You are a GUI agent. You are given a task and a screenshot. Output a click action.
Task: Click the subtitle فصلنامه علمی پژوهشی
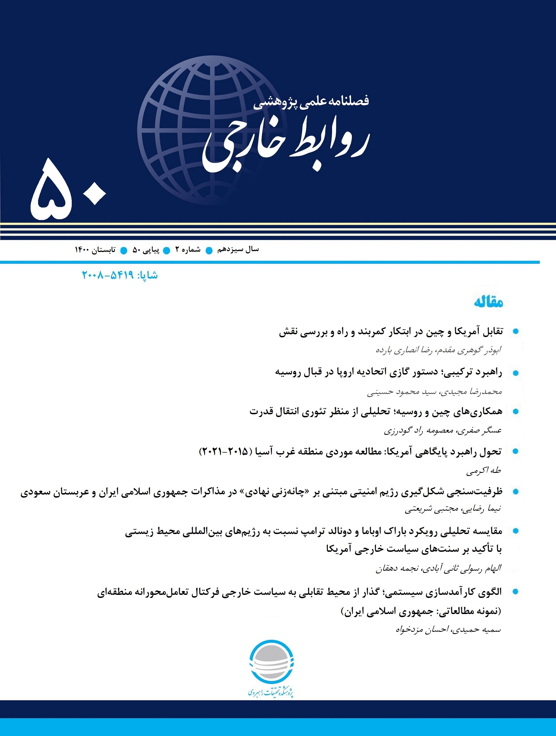311,102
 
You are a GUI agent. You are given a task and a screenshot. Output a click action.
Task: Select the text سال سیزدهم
238,250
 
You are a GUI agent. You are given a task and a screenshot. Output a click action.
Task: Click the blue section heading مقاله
488,302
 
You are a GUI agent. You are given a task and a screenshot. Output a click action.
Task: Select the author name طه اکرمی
483,470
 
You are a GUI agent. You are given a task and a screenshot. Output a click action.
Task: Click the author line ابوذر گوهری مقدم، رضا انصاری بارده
438,350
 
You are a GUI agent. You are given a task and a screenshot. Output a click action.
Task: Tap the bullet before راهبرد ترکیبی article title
516,373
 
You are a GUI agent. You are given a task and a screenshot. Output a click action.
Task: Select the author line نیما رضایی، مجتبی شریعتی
453,509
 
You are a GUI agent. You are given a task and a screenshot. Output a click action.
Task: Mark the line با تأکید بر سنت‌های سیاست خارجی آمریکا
414,549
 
